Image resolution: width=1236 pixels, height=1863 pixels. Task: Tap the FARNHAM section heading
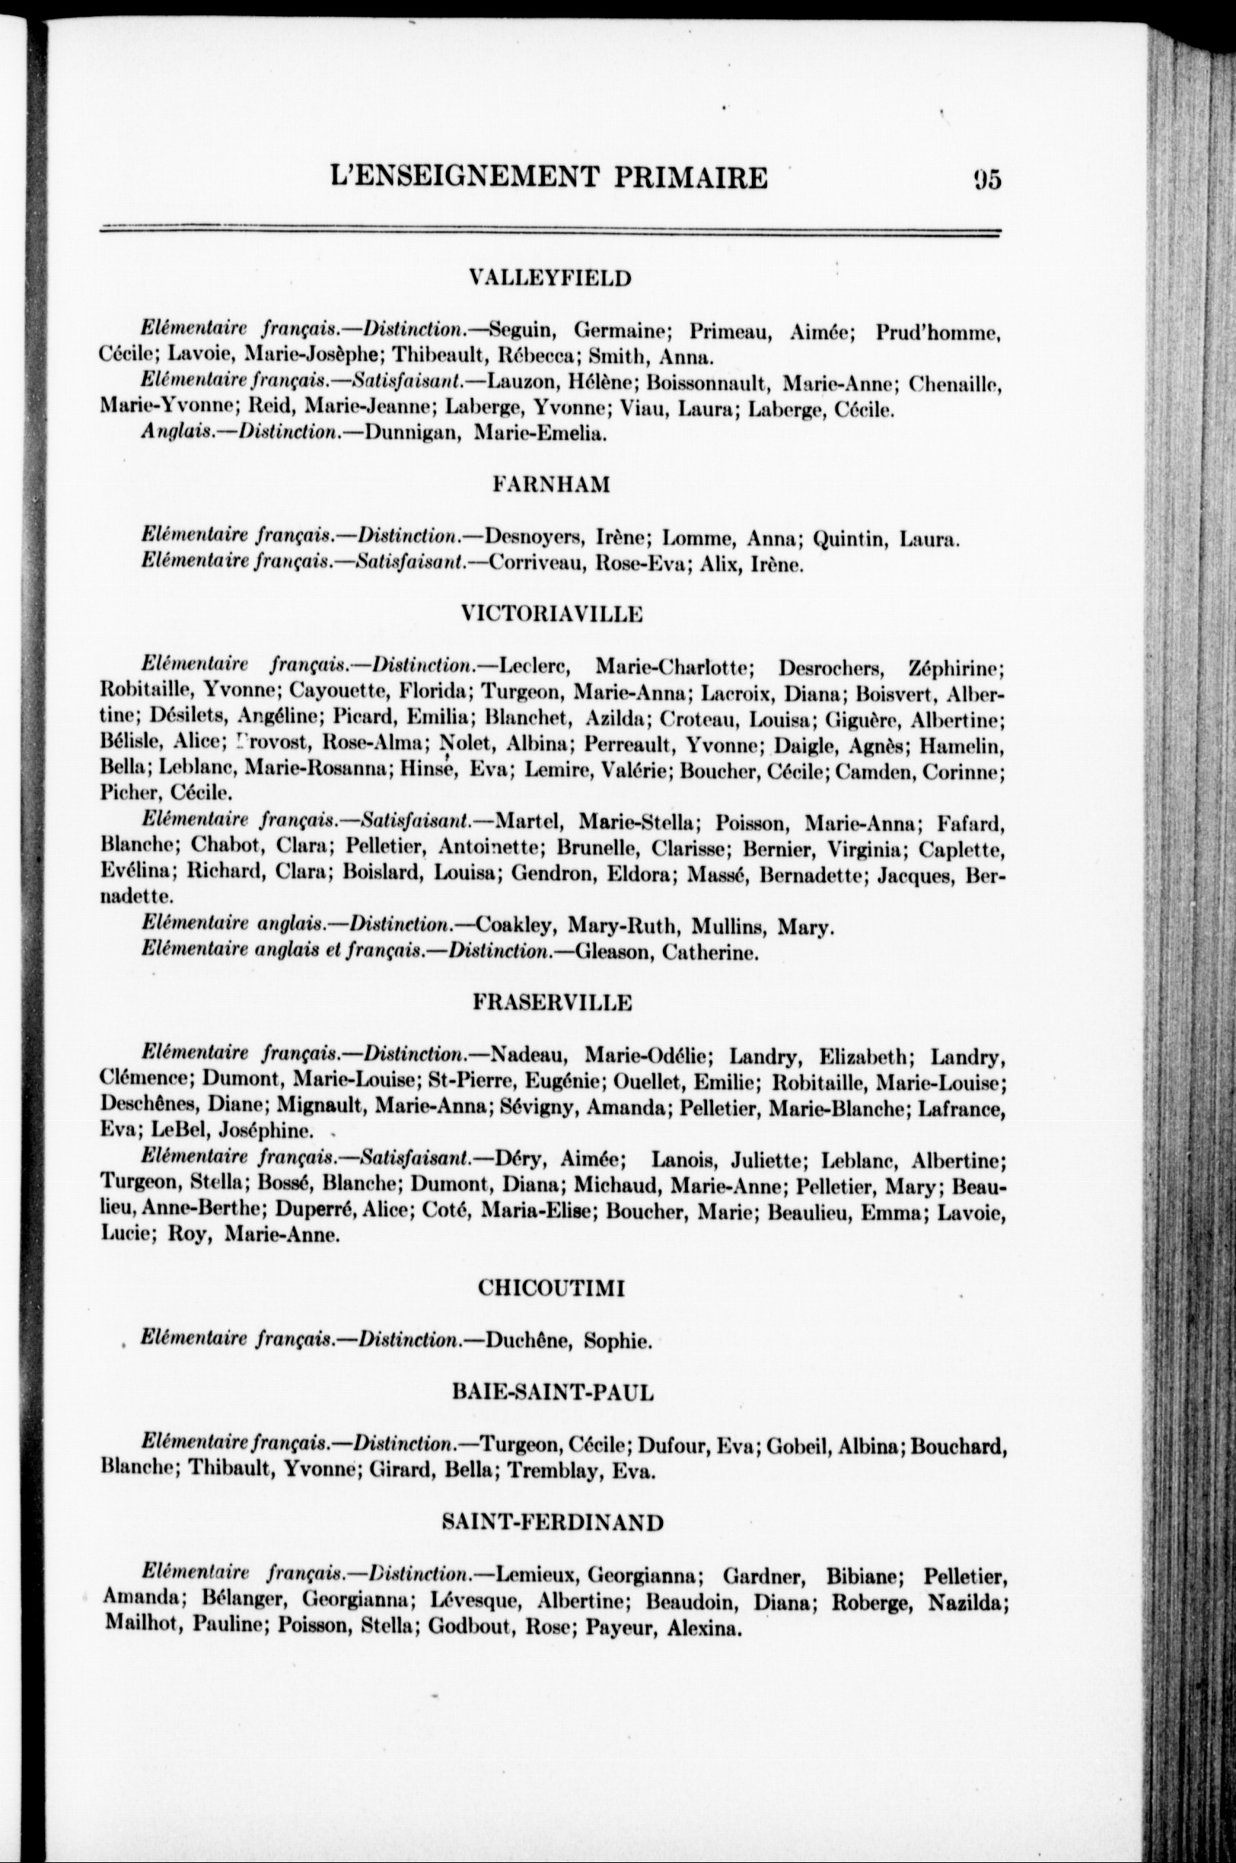tap(551, 485)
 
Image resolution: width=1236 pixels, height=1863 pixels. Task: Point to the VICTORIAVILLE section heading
tap(551, 614)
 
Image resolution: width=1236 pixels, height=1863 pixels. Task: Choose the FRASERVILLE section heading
tap(552, 1002)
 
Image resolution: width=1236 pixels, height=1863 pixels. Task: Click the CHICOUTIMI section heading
tap(551, 1288)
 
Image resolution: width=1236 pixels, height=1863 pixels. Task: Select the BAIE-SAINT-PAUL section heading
tap(553, 1393)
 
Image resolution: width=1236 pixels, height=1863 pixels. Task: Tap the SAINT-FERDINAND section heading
tap(553, 1523)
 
